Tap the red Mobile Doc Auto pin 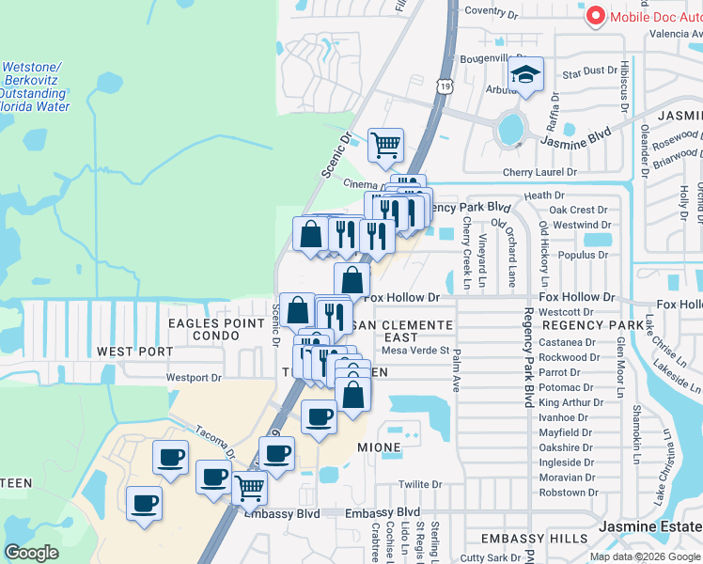(594, 16)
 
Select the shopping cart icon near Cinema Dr (385, 145)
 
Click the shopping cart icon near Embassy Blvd (249, 488)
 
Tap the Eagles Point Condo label (216, 329)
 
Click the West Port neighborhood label (134, 351)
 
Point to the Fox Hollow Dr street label (401, 297)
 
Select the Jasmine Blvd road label (576, 140)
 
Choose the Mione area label (379, 448)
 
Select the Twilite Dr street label (419, 485)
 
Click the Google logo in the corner (31, 553)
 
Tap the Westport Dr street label (193, 378)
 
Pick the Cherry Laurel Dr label (539, 173)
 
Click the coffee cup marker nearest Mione (319, 417)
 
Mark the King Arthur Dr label (568, 402)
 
